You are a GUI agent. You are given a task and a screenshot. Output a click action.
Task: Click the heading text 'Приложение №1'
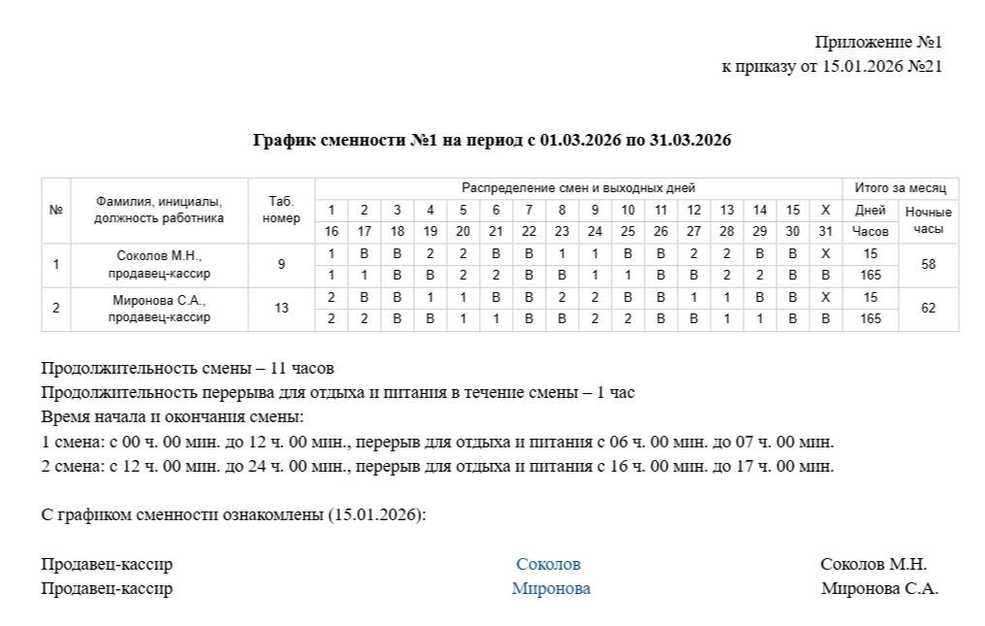[x=878, y=42]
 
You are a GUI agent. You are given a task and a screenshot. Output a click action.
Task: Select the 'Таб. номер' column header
[x=281, y=210]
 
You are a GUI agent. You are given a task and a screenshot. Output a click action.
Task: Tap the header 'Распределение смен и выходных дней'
[x=578, y=187]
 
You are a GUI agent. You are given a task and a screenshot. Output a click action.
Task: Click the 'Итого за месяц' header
[x=900, y=187]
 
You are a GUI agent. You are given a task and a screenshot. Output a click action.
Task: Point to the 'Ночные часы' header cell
[x=928, y=221]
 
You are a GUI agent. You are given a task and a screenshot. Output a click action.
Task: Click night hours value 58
[x=928, y=264]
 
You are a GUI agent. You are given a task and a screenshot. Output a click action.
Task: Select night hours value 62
[x=928, y=309]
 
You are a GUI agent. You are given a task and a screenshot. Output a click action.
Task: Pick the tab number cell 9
[x=281, y=264]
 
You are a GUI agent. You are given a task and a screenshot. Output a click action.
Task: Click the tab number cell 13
[x=281, y=309]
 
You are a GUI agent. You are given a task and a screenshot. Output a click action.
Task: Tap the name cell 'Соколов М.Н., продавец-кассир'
[x=159, y=264]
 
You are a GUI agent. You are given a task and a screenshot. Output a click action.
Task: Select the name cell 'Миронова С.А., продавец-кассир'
[x=159, y=309]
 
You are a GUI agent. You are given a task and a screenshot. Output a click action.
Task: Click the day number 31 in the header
[x=825, y=232]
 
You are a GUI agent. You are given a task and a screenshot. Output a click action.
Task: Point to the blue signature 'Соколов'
[x=548, y=564]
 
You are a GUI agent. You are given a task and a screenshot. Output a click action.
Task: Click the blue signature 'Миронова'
[x=551, y=588]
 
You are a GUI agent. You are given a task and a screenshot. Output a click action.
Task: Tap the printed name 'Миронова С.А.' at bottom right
[x=879, y=588]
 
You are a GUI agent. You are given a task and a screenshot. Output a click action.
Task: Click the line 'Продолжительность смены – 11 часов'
[x=187, y=369]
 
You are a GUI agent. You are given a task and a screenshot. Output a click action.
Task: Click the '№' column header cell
[x=56, y=210]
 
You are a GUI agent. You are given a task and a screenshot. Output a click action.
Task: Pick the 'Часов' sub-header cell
[x=870, y=232]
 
